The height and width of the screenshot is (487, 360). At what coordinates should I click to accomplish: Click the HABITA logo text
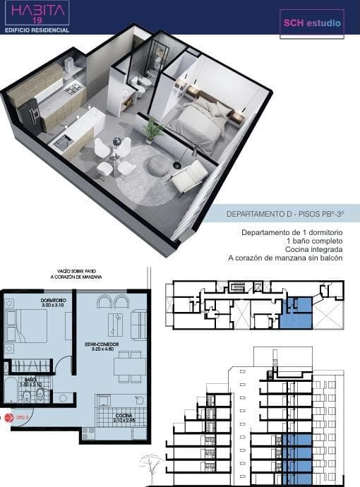[x=36, y=11]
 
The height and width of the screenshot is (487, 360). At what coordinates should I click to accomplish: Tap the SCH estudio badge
[x=312, y=23]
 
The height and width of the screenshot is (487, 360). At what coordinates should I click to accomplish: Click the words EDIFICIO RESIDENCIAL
[x=37, y=30]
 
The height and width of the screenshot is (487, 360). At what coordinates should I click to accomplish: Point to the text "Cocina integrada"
[x=315, y=250]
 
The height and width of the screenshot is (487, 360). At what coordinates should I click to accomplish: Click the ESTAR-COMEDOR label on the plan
[x=102, y=345]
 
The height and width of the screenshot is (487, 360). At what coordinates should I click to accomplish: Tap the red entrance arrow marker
[x=8, y=418]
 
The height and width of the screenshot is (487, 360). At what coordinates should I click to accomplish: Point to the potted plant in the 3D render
[x=152, y=128]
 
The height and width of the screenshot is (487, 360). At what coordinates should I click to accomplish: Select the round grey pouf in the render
[x=160, y=165]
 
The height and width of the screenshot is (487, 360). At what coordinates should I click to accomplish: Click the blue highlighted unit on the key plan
[x=295, y=313]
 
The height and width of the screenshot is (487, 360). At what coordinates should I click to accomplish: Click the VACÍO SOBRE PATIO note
[x=78, y=275]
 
